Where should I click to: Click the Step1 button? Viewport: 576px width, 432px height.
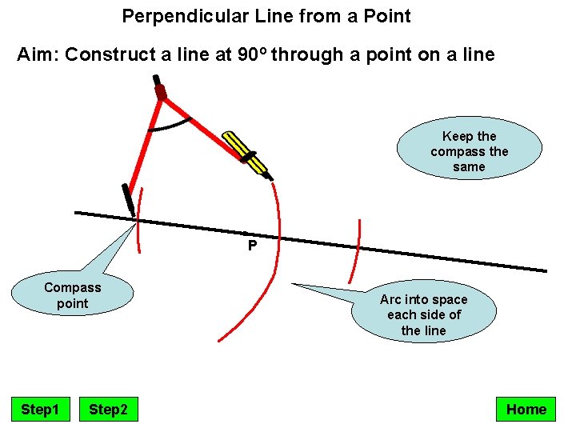[x=40, y=410]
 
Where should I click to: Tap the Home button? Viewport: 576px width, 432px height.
[x=526, y=410]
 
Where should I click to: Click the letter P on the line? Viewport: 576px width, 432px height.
[x=252, y=246]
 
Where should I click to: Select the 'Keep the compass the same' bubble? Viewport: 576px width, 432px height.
[x=469, y=152]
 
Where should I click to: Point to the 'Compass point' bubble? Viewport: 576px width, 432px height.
[x=73, y=295]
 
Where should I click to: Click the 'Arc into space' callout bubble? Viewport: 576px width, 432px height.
[x=423, y=314]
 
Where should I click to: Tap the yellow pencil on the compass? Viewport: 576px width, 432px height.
[x=246, y=153]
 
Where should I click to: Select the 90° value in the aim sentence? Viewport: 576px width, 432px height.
[x=255, y=55]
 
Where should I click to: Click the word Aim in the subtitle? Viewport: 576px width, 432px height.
[x=37, y=55]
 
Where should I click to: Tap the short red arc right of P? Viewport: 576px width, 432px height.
[x=354, y=250]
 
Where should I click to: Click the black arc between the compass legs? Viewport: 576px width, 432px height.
[x=170, y=126]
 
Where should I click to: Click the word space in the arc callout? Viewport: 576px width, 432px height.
[x=449, y=299]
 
